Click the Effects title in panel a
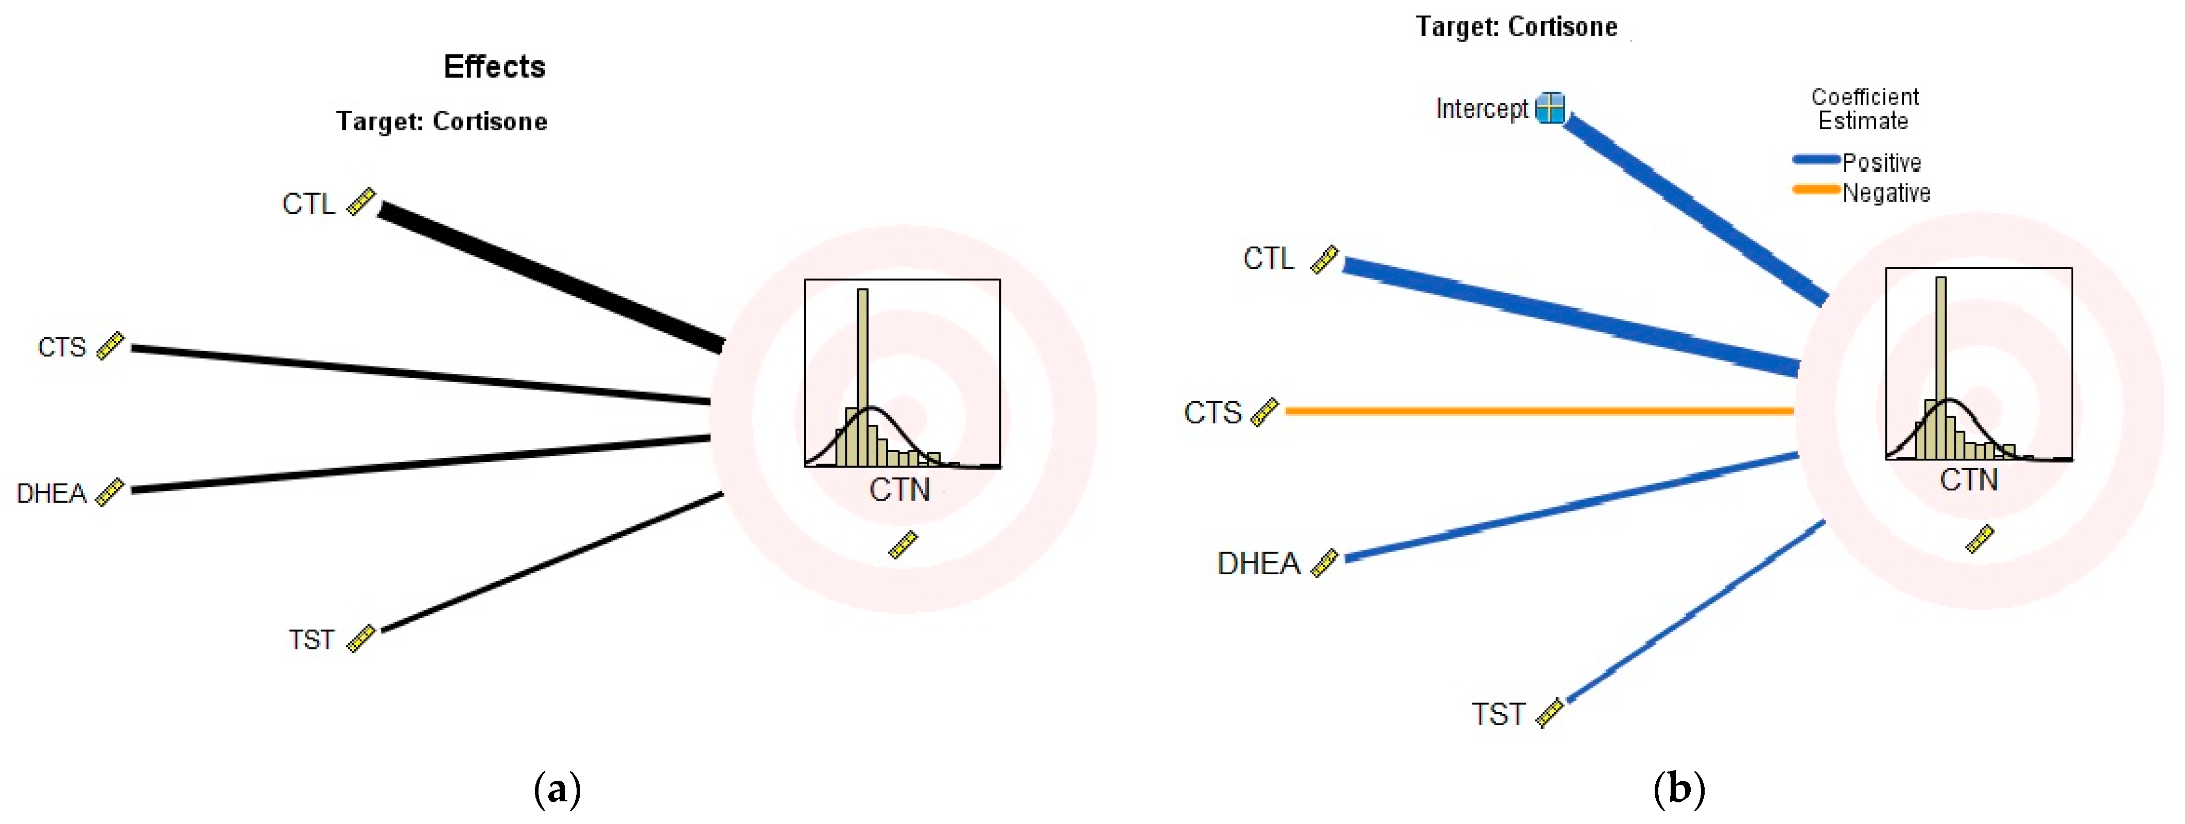click(495, 67)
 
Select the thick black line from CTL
click(551, 276)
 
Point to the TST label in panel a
click(311, 639)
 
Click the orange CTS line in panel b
click(1539, 411)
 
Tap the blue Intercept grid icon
click(1551, 108)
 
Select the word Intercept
click(1481, 109)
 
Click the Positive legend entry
click(1881, 162)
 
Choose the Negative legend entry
click(1885, 193)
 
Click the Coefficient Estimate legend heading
click(1864, 109)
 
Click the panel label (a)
click(557, 789)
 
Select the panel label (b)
click(1678, 789)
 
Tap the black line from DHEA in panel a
click(420, 463)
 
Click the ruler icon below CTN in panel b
click(1980, 539)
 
